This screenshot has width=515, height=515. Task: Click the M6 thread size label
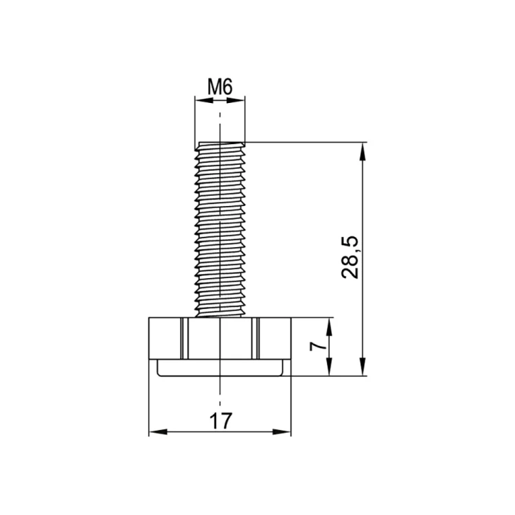click(220, 87)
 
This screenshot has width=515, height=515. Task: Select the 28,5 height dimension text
click(350, 257)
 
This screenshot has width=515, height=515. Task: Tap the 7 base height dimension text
click(318, 346)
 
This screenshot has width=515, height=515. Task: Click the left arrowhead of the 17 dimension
click(158, 432)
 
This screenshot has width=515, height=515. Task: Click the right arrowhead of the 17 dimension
click(282, 432)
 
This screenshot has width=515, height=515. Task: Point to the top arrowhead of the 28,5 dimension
click(363, 152)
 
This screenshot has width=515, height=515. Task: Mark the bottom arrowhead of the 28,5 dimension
click(363, 367)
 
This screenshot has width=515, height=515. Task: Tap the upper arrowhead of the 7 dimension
click(330, 327)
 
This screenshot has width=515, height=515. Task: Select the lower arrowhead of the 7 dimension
click(330, 367)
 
